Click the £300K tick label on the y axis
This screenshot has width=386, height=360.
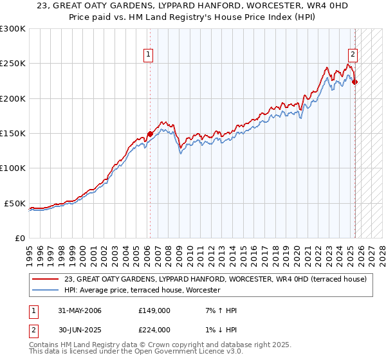13,29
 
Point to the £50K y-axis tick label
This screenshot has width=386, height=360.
15,203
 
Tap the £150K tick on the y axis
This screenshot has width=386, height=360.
13,134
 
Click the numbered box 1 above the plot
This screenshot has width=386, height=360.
149,55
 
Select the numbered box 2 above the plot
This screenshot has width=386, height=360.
353,55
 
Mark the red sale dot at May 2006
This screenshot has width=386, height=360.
150,134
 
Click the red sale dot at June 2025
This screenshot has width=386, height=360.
355,82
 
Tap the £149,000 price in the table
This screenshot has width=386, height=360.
154,310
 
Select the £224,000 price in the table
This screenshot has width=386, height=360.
154,329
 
